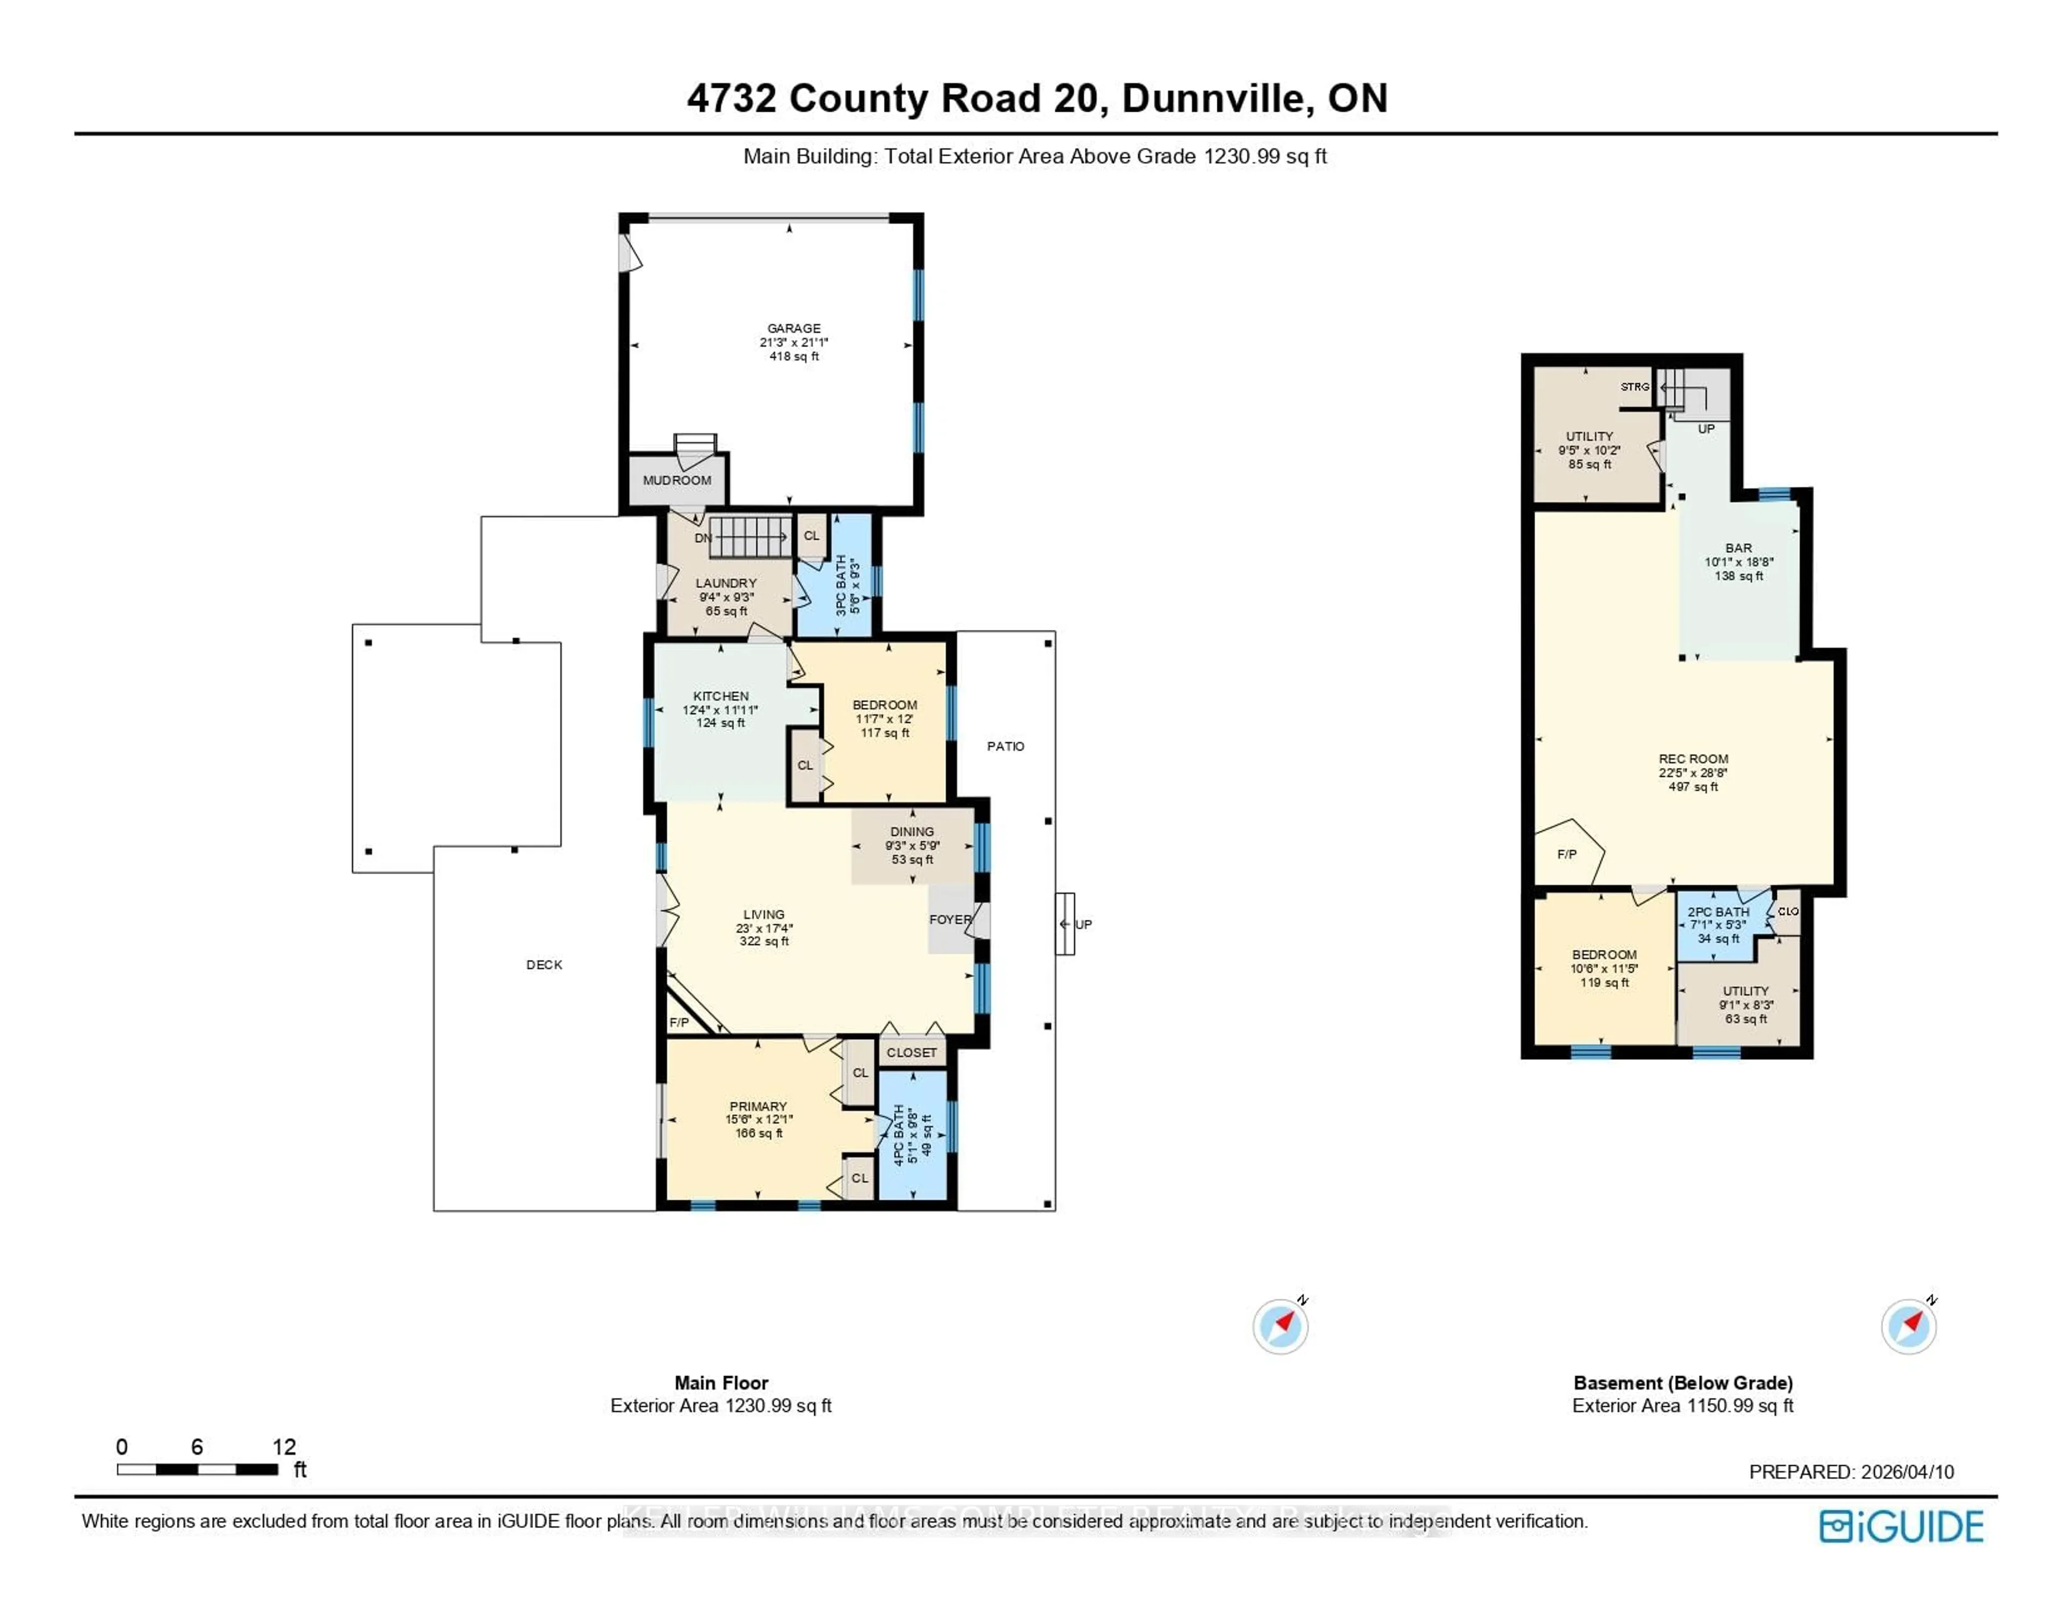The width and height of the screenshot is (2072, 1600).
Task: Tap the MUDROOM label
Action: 677,480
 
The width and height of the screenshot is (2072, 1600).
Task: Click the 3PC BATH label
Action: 841,585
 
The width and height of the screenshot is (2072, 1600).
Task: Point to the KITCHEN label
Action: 720,696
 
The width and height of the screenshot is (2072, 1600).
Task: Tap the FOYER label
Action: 950,919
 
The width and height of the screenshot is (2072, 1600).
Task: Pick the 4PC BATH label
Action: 898,1134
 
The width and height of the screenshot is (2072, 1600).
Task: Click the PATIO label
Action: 1005,746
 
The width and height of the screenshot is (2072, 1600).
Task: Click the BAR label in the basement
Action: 1738,548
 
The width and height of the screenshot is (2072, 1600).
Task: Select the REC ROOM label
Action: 1693,759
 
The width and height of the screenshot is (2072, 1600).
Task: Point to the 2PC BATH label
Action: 1718,911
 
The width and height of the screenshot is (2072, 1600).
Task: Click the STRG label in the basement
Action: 1634,387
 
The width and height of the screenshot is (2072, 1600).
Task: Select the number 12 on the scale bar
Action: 284,1446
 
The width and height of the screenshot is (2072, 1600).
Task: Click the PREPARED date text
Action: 1850,1472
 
